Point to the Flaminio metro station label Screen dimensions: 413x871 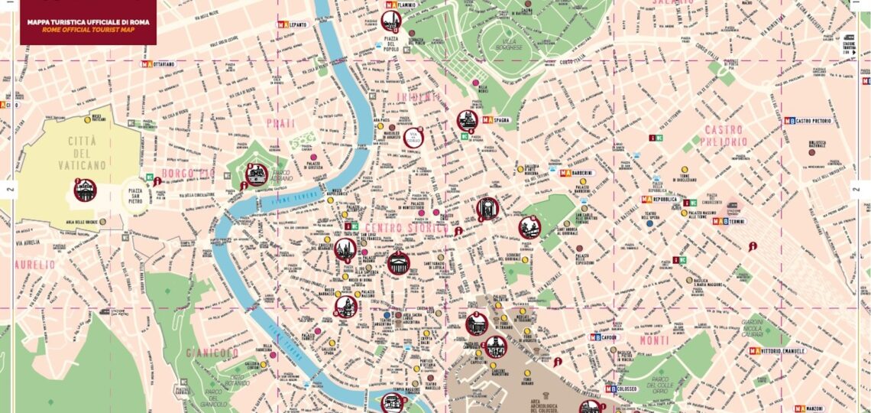click(403, 5)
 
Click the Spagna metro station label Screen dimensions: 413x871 click(502, 120)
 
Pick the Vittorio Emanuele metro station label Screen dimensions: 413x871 click(785, 351)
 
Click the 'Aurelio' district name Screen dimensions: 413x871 click(34, 264)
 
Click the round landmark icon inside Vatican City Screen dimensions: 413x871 click(84, 189)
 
